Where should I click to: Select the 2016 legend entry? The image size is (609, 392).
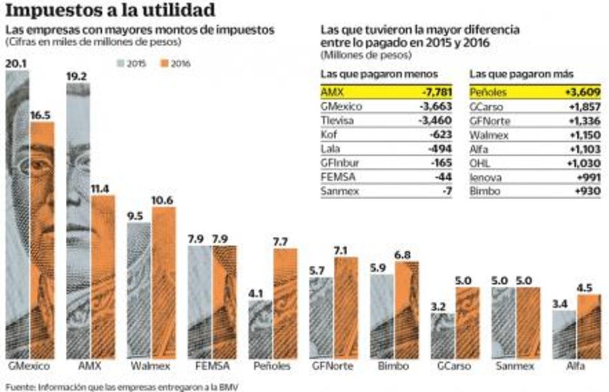[x=175, y=63]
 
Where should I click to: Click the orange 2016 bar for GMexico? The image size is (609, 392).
[x=42, y=240]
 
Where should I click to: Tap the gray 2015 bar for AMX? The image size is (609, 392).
[x=78, y=221]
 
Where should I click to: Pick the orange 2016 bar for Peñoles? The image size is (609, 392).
[x=285, y=303]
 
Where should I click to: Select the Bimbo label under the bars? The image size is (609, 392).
[x=393, y=366]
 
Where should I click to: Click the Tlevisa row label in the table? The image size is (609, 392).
[x=336, y=120]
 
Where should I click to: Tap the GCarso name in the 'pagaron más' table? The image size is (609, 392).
[x=486, y=107]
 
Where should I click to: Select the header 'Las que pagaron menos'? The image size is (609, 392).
[x=370, y=74]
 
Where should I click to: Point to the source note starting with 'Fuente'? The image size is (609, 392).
[x=123, y=385]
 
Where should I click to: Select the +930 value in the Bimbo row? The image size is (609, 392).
[x=586, y=190]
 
